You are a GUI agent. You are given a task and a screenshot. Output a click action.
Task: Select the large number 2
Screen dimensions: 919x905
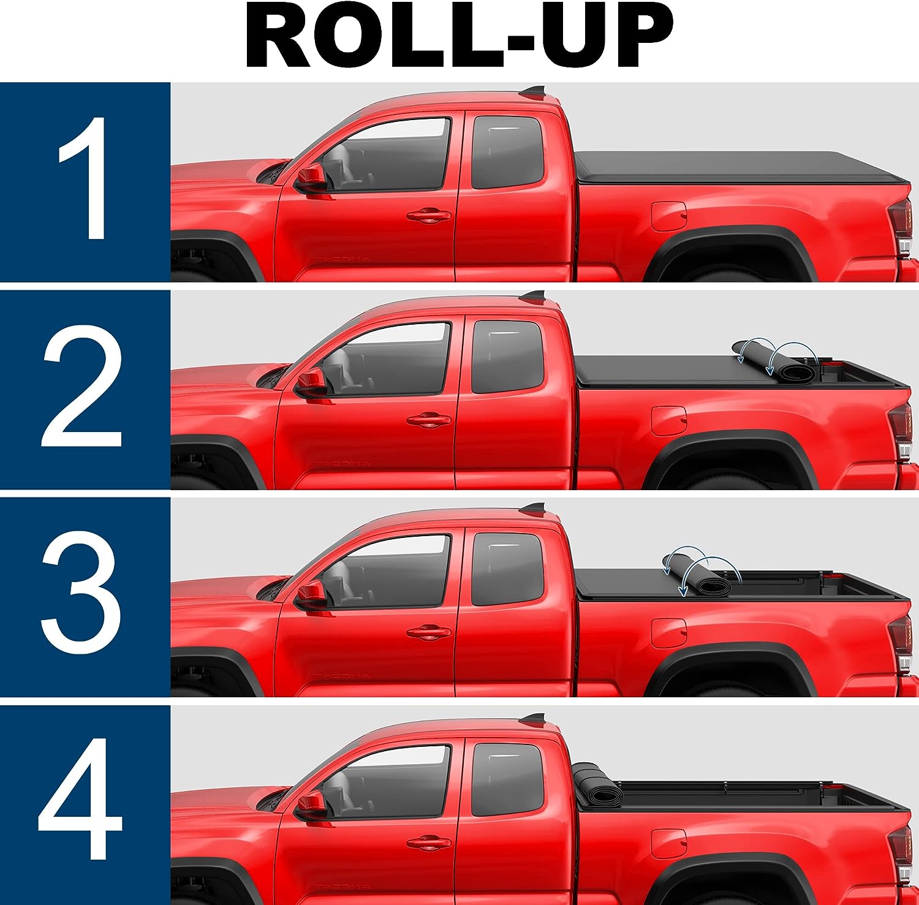pos(82,386)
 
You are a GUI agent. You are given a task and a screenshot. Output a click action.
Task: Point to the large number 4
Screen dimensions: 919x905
pos(80,799)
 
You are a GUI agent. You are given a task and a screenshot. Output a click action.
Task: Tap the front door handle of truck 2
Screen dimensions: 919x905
pos(429,420)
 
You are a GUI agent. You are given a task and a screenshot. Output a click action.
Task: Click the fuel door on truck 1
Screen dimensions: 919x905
pos(668,216)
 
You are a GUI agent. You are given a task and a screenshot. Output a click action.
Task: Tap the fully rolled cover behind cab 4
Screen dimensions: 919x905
pos(597,786)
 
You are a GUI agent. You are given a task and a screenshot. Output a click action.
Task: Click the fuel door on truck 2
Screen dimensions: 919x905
pos(668,421)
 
